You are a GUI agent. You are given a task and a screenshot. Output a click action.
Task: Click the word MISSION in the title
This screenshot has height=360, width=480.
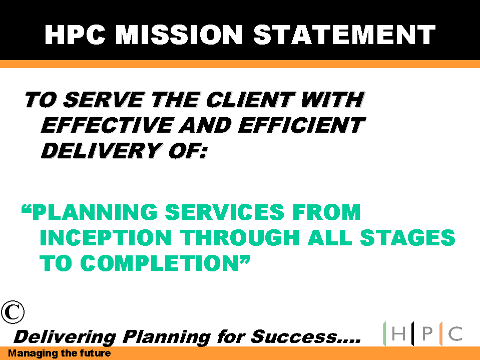[179, 35]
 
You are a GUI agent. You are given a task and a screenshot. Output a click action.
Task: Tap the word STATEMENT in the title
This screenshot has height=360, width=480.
[344, 35]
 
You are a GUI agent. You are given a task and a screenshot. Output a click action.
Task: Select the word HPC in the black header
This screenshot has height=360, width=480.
[75, 35]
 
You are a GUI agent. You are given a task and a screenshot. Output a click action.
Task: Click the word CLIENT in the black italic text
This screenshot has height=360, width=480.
[251, 100]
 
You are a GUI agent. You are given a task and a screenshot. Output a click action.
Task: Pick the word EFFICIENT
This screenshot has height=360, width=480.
[301, 125]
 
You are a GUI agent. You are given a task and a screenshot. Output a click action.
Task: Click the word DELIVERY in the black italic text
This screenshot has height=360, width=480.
[102, 151]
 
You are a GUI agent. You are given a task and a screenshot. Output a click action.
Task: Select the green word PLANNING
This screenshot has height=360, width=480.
[95, 212]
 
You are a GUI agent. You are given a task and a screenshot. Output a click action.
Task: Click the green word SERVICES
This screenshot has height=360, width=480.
[225, 212]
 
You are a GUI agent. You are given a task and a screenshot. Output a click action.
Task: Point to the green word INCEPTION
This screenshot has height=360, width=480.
[105, 237]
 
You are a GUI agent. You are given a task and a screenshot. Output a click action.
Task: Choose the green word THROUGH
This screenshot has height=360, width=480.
[239, 237]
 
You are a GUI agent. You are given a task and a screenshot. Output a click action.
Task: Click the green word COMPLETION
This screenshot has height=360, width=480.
[160, 263]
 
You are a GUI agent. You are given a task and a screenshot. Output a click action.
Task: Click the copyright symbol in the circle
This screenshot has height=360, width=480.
[13, 312]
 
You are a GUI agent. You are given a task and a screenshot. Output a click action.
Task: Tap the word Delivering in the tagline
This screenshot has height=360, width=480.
[65, 337]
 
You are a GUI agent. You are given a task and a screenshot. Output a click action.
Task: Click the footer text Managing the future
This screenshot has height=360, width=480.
[59, 353]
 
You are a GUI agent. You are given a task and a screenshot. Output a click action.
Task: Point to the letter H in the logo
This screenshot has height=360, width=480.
[398, 333]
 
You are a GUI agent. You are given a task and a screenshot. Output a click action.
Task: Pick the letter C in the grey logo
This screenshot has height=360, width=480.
[455, 333]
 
